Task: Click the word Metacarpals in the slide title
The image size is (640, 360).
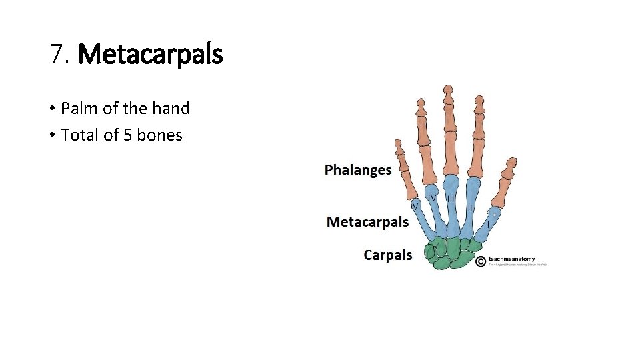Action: pos(150,54)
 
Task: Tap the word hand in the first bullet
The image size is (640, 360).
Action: pos(171,108)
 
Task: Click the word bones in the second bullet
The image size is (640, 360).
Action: pos(159,135)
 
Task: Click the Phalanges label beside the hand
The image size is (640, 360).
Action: pos(358,170)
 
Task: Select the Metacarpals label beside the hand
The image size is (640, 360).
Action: pos(367,222)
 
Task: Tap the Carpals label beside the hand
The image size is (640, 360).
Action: pos(388,255)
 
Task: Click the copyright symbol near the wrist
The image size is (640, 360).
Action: pos(481,261)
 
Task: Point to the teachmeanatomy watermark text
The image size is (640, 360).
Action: pos(511,259)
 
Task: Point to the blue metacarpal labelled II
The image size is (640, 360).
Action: pos(473,203)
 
